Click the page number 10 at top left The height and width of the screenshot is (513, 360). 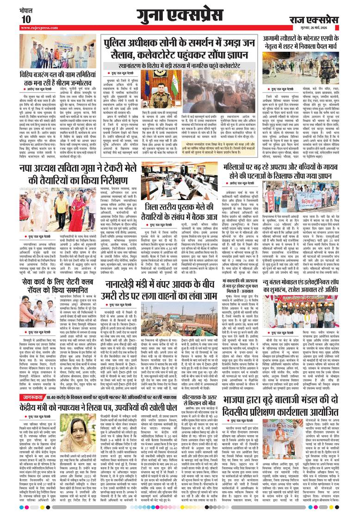(26, 19)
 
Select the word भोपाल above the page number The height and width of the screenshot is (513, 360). (26, 9)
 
